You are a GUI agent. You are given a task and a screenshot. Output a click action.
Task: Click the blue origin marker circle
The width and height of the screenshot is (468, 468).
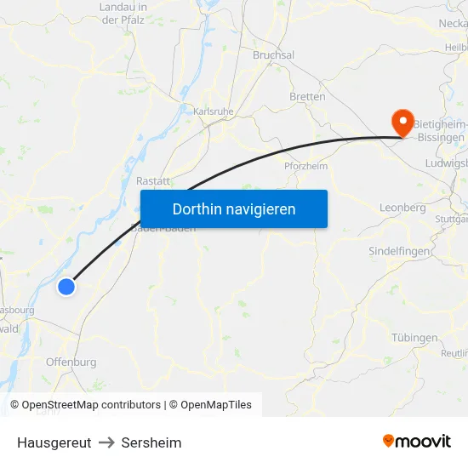pos(66,287)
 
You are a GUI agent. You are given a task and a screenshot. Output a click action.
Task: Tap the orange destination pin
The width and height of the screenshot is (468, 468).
pos(400,123)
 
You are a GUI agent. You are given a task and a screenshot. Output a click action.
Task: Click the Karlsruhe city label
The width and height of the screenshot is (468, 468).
pos(213,111)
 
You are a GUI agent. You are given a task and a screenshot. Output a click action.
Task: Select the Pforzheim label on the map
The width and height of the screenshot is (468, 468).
pos(305,166)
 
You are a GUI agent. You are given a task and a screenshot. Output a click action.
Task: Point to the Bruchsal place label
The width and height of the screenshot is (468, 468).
pos(273,55)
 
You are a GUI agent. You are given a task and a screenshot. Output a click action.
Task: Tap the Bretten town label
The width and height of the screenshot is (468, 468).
pos(307,97)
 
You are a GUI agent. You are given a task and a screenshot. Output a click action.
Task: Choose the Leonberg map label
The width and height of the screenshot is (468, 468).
pos(402,208)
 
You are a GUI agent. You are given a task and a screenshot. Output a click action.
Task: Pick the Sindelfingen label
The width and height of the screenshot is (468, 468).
pos(400,252)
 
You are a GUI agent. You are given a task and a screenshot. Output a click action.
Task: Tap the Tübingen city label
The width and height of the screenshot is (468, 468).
pos(414,338)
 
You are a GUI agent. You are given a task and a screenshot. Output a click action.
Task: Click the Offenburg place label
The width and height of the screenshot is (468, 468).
pos(71,362)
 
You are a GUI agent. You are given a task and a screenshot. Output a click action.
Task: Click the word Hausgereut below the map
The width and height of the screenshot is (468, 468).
pos(54,442)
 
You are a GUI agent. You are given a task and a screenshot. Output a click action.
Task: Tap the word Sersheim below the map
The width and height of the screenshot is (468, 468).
pos(151,442)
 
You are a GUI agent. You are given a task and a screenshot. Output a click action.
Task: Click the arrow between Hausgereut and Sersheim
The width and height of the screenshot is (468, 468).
pos(106,442)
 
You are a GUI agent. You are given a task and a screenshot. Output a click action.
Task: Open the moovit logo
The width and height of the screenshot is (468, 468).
pos(417,441)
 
